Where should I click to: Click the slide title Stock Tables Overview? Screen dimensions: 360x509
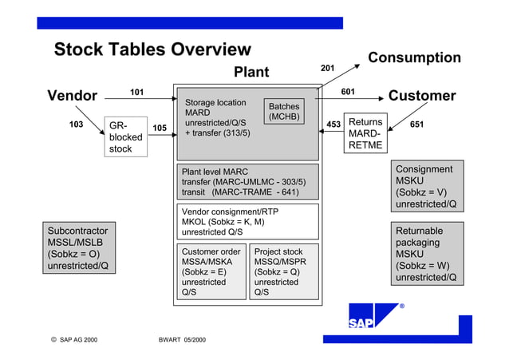click(x=152, y=50)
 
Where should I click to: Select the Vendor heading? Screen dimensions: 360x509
click(x=72, y=96)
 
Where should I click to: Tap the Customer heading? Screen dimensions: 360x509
click(x=422, y=96)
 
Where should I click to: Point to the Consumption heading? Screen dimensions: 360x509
click(x=414, y=57)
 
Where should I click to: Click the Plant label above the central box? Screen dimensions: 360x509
click(x=251, y=73)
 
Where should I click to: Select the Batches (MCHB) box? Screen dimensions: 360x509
click(x=284, y=112)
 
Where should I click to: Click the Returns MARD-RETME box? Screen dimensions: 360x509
click(x=365, y=133)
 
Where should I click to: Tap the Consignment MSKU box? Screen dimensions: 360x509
click(x=427, y=187)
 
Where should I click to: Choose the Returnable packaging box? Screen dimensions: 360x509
click(x=427, y=254)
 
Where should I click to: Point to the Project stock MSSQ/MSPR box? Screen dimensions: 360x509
click(x=282, y=271)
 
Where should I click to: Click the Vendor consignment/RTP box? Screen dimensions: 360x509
click(x=247, y=221)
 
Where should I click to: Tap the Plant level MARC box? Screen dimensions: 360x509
click(x=247, y=181)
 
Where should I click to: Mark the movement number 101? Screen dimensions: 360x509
click(x=137, y=92)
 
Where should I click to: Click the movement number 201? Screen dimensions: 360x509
click(x=327, y=69)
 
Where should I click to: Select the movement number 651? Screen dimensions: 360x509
click(x=416, y=125)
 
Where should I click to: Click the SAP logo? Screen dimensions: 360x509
click(x=372, y=316)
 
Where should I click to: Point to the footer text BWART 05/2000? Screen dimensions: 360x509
click(x=182, y=340)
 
